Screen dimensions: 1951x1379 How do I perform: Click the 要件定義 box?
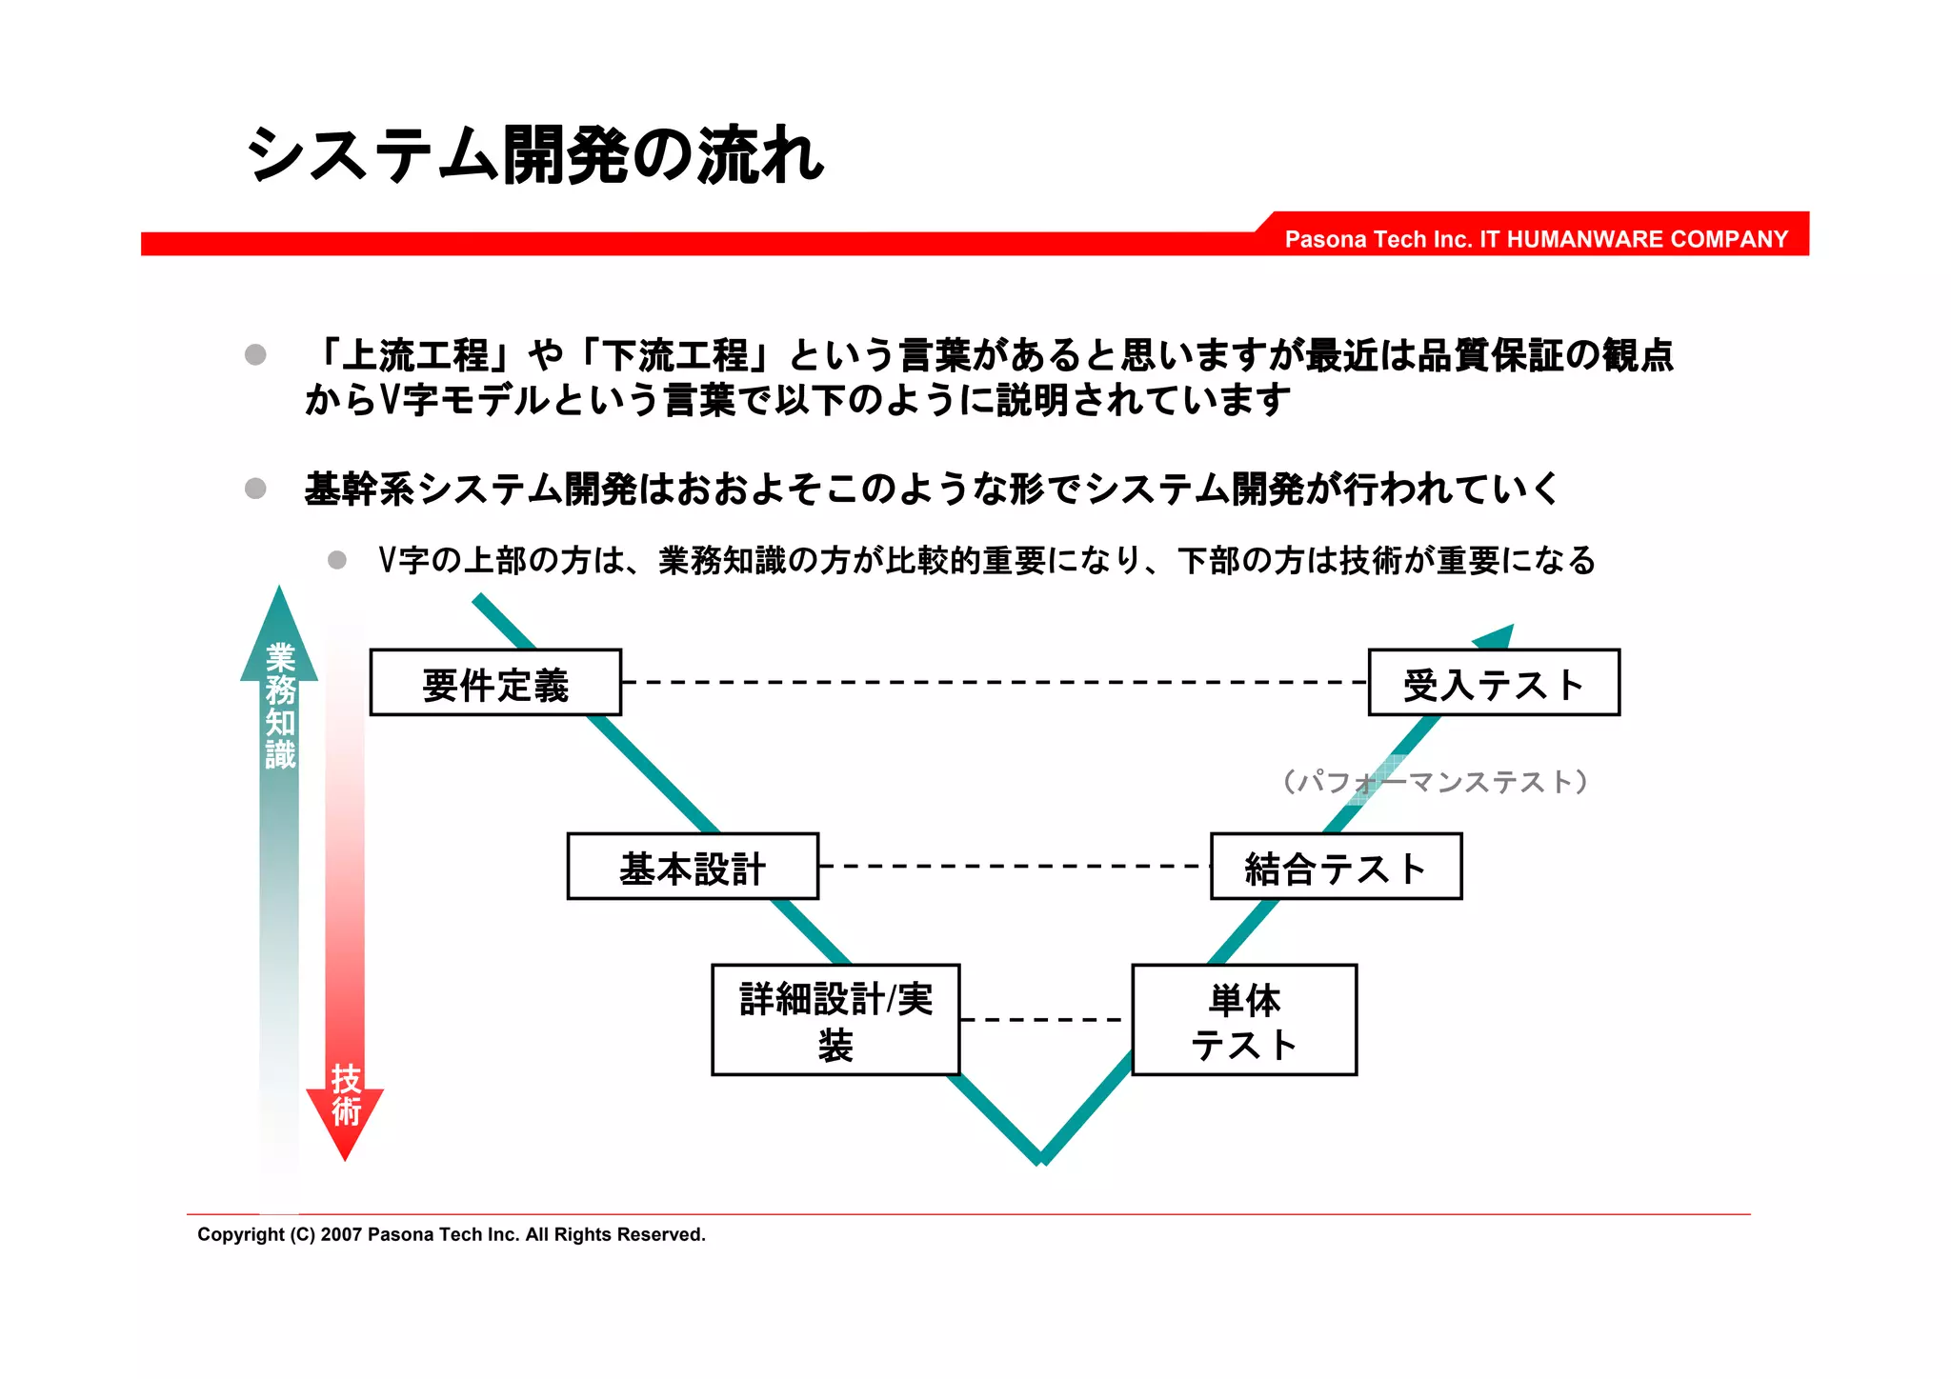495,683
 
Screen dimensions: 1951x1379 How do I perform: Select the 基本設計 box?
693,867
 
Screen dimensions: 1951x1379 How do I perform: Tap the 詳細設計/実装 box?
835,1020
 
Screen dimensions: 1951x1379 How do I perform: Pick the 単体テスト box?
1244,1020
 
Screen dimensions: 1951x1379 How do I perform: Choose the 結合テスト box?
1336,867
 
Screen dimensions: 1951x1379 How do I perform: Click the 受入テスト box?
1494,683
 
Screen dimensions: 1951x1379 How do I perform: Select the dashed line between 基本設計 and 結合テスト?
1015,867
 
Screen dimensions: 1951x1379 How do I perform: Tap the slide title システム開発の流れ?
534,155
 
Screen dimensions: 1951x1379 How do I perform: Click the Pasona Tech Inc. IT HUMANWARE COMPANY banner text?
1536,239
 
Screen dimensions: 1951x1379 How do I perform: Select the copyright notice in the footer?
452,1235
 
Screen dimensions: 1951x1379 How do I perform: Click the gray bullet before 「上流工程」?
255,355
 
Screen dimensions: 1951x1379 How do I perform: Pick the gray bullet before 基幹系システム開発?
255,489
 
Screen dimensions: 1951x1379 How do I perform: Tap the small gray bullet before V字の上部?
337,560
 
